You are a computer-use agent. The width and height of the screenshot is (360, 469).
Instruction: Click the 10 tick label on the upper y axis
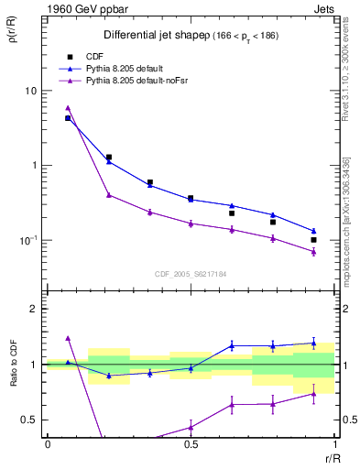point(30,91)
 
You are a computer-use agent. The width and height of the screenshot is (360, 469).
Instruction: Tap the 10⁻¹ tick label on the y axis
point(29,240)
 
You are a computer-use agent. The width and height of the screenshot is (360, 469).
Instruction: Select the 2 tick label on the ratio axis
point(35,309)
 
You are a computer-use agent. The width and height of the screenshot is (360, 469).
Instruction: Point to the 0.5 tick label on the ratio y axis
point(30,420)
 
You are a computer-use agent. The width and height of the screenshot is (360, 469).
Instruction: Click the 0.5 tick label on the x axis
point(190,444)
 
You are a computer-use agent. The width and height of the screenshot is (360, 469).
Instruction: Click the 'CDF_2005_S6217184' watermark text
point(191,274)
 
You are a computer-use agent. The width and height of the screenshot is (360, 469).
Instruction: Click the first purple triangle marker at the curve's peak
point(68,107)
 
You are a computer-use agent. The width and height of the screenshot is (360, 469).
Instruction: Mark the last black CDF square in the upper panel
point(313,240)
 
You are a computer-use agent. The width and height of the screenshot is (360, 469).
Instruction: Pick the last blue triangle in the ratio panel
point(313,344)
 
